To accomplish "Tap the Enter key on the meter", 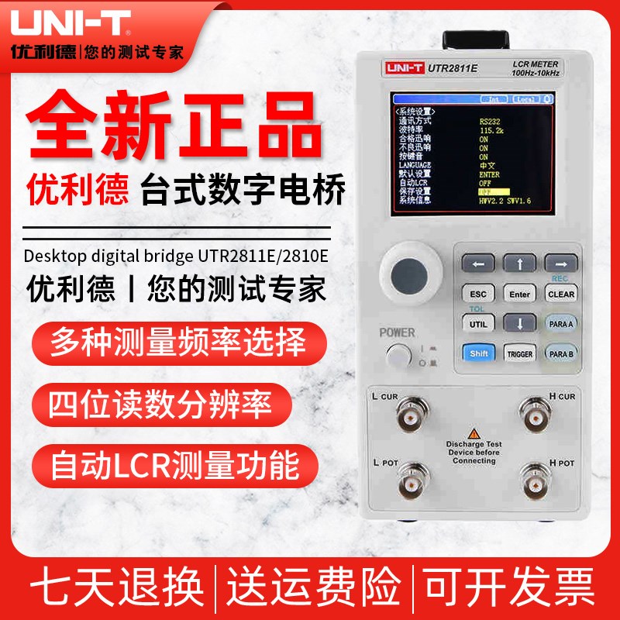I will click(519, 294).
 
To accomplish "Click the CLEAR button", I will click(561, 294).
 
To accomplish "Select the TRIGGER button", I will click(519, 353).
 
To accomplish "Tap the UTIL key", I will click(478, 324).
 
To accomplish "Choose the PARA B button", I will click(561, 353).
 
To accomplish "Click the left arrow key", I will click(478, 264).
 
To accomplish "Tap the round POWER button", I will click(398, 356).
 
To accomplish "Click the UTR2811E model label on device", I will click(453, 68).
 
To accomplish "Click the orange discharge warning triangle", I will click(473, 433).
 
